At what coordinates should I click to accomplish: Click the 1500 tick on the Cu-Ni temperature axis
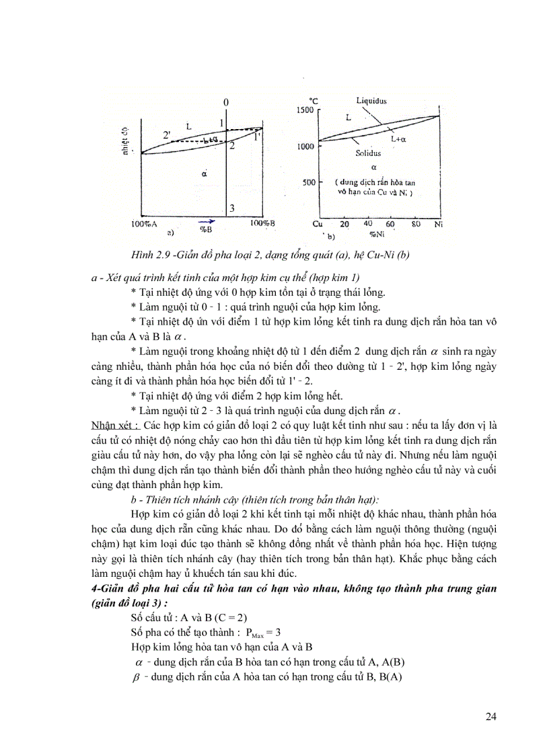tap(305, 110)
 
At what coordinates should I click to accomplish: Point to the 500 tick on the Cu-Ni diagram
tap(308, 182)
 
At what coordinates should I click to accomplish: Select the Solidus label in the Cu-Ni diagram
tap(369, 153)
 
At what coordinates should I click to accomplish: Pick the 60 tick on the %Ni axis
tap(390, 223)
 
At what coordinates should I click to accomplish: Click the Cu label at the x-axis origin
tap(318, 224)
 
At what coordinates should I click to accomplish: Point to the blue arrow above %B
tap(207, 221)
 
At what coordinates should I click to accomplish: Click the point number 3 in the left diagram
tap(231, 208)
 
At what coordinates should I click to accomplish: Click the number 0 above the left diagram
tap(226, 102)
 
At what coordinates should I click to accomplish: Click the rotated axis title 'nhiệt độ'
tap(125, 142)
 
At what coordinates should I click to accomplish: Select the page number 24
tap(490, 716)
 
